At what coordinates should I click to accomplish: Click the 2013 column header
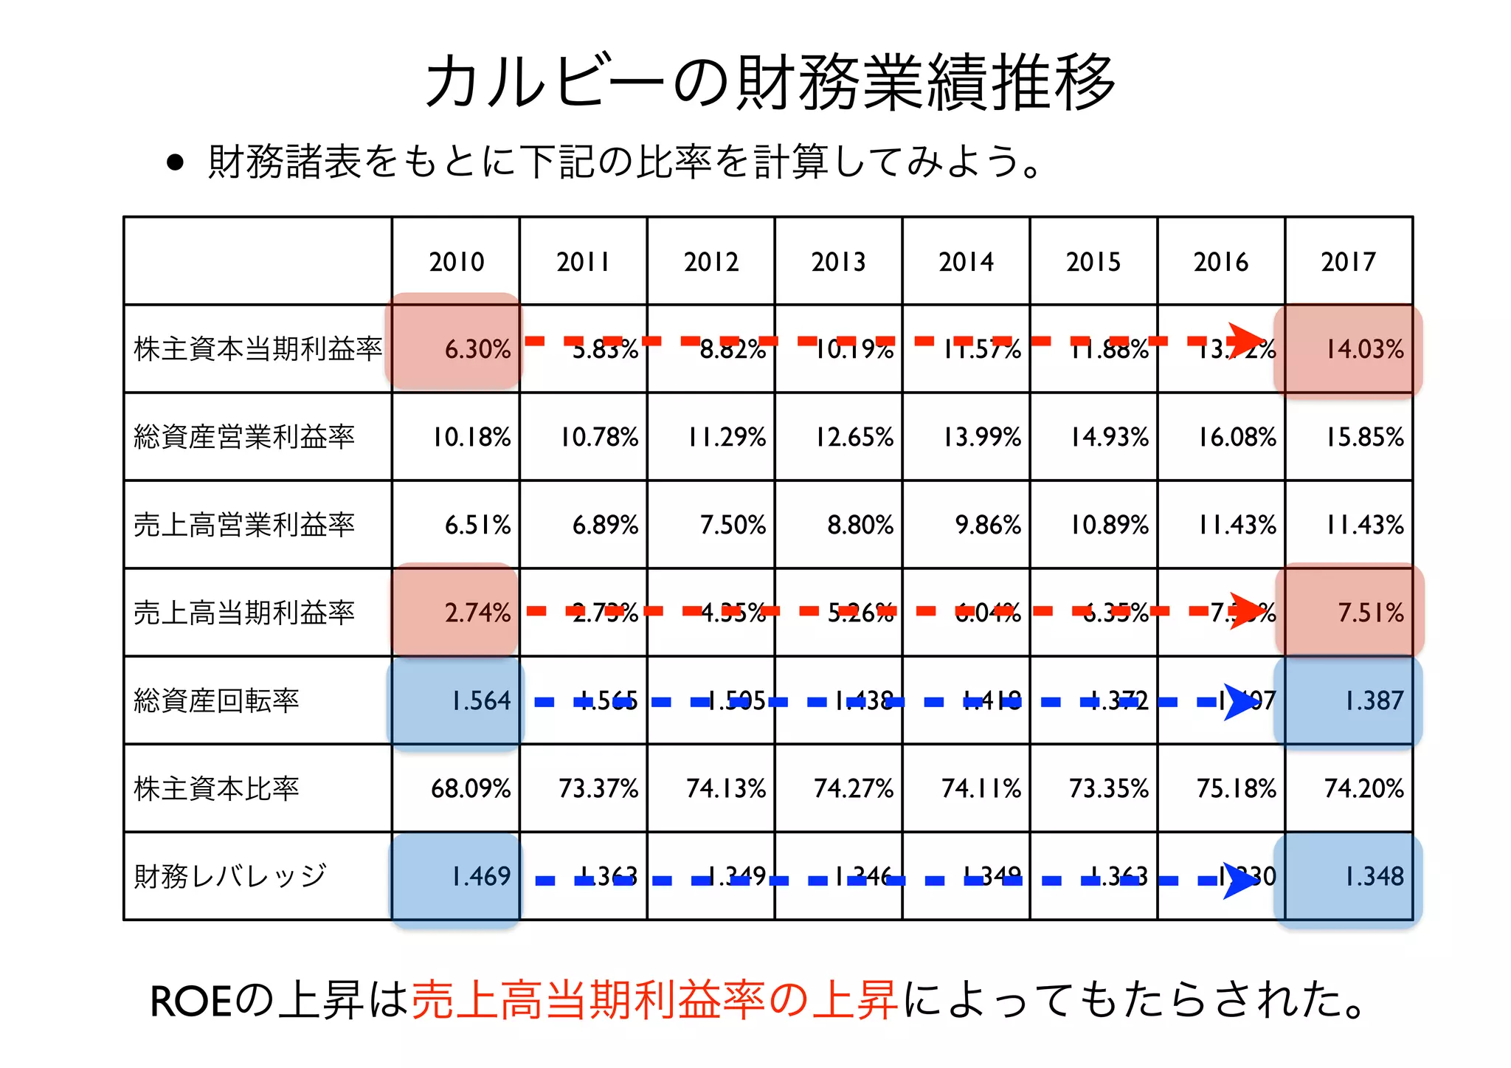[838, 261]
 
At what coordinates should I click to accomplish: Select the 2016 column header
[1220, 261]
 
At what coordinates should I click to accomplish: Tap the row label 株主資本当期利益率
[257, 348]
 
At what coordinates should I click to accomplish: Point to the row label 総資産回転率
[216, 700]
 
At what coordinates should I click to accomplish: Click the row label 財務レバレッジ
[229, 876]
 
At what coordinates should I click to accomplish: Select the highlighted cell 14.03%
[1349, 349]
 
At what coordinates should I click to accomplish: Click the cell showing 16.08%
[1237, 437]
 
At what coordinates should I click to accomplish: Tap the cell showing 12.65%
[854, 437]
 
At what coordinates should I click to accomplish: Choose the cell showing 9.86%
[987, 525]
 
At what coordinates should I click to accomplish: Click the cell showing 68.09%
[471, 788]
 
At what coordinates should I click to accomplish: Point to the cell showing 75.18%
[1237, 788]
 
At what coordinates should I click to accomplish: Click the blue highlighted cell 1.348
[1349, 876]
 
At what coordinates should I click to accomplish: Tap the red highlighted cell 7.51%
[1349, 613]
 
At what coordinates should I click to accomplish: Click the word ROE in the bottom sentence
[191, 1002]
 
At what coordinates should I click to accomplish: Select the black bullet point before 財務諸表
[175, 162]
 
